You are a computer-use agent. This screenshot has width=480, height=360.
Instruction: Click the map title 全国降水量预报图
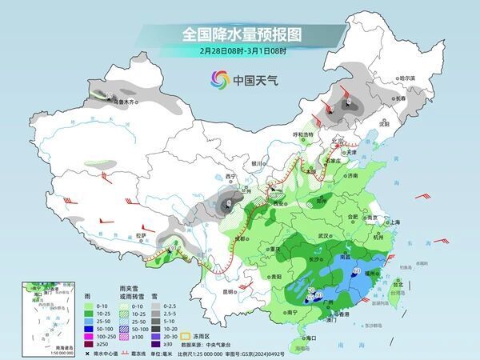tap(240, 34)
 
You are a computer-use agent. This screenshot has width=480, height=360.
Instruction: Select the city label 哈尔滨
tap(407, 78)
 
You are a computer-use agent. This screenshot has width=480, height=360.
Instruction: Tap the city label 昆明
tap(230, 291)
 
